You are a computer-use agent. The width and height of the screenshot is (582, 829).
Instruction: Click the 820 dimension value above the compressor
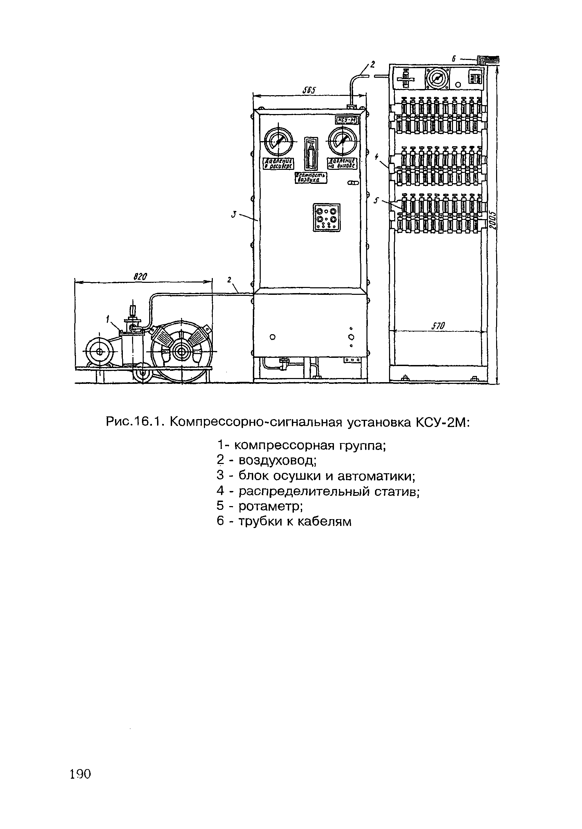[140, 277]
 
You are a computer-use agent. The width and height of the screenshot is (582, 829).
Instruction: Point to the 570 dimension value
[439, 326]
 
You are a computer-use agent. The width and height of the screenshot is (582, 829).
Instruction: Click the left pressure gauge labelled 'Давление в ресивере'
[279, 141]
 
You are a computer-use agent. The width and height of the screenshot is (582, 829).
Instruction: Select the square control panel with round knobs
[326, 217]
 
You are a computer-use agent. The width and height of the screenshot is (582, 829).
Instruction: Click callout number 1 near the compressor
[107, 318]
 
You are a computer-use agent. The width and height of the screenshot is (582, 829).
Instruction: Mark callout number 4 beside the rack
[377, 157]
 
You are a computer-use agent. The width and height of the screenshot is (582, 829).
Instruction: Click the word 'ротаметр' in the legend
[270, 506]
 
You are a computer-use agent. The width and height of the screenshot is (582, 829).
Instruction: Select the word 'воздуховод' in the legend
[277, 460]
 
